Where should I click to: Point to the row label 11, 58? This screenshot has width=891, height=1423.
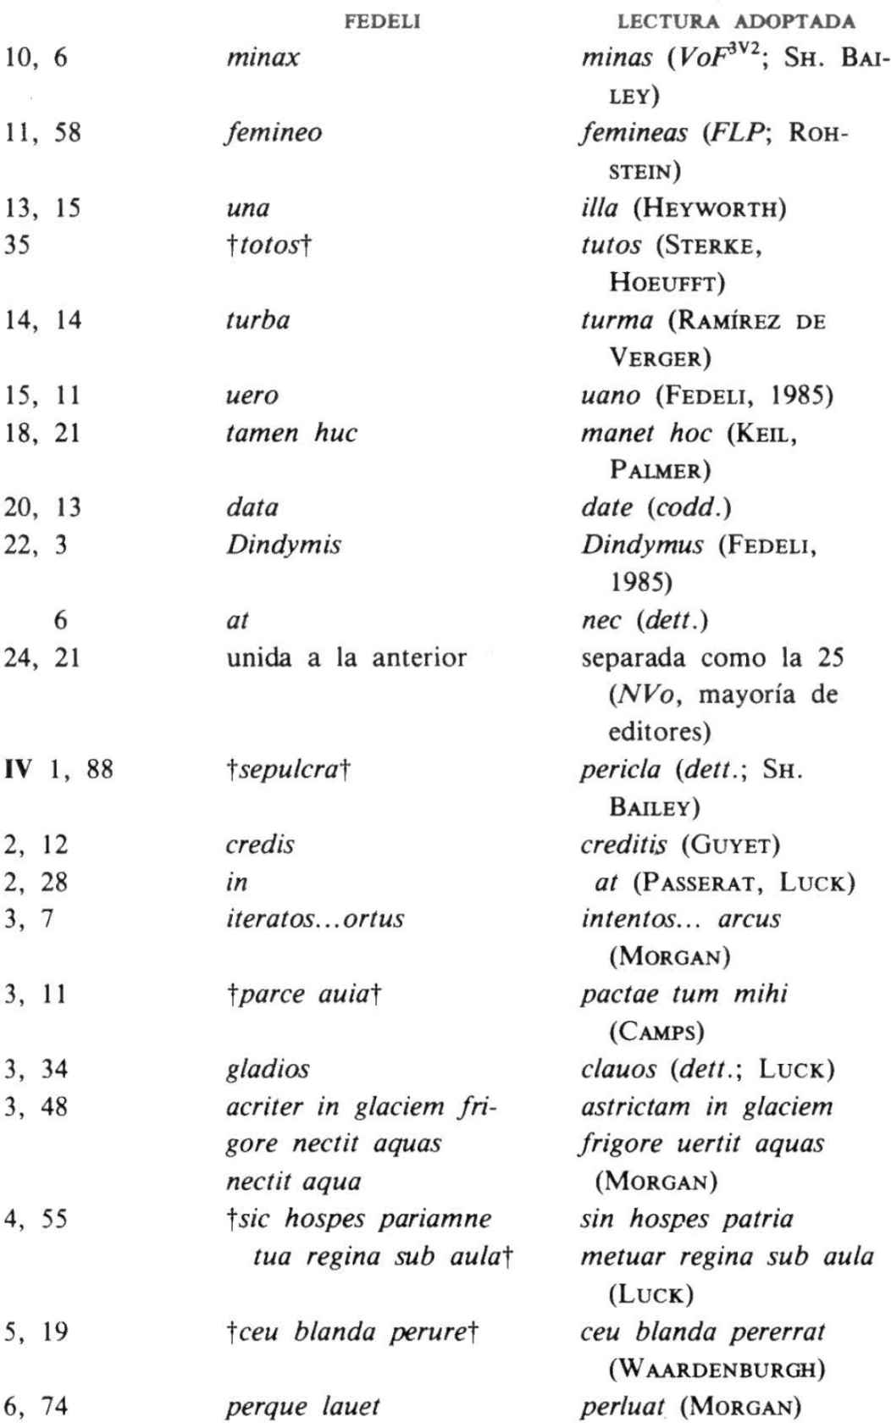44,133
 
